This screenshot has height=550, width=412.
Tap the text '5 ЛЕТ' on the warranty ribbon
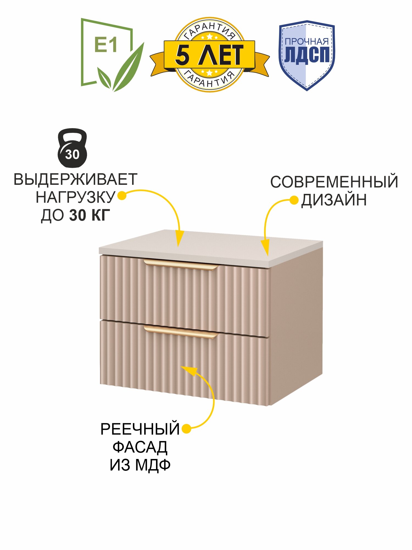pyautogui.click(x=209, y=55)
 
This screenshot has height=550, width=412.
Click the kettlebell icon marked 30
pyautogui.click(x=72, y=148)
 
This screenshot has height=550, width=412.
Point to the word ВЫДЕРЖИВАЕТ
pyautogui.click(x=75, y=180)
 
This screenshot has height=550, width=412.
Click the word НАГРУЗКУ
pyautogui.click(x=75, y=197)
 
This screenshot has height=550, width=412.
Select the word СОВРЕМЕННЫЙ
pyautogui.click(x=334, y=182)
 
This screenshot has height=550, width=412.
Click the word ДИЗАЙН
pyautogui.click(x=334, y=200)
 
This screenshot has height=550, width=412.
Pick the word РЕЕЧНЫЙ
pyautogui.click(x=140, y=429)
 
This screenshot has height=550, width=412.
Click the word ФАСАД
pyautogui.click(x=140, y=447)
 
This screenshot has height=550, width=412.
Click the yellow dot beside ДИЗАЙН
pyautogui.click(x=294, y=200)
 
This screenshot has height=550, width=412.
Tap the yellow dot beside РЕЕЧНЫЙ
pyautogui.click(x=186, y=429)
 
